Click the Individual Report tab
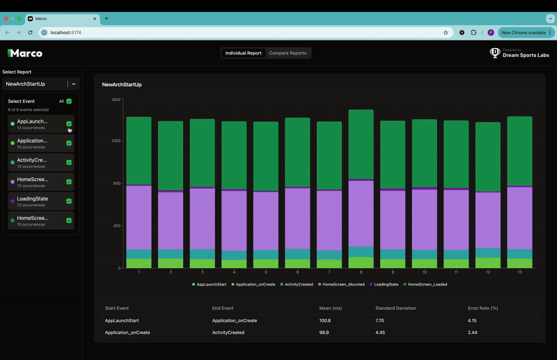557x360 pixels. [x=244, y=53]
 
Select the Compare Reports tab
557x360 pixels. [x=288, y=53]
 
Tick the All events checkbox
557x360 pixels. [x=69, y=101]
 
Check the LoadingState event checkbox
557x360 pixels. [x=69, y=201]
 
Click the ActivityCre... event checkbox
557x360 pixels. [x=69, y=162]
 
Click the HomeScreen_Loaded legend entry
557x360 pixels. [x=427, y=284]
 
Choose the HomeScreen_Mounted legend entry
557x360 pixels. [x=342, y=284]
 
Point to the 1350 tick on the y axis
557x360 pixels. [x=116, y=141]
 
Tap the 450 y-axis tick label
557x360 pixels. [x=117, y=226]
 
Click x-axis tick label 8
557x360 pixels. [x=361, y=272]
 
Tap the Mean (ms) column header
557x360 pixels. [x=330, y=308]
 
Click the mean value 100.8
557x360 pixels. [x=325, y=320]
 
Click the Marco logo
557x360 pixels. [x=25, y=53]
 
